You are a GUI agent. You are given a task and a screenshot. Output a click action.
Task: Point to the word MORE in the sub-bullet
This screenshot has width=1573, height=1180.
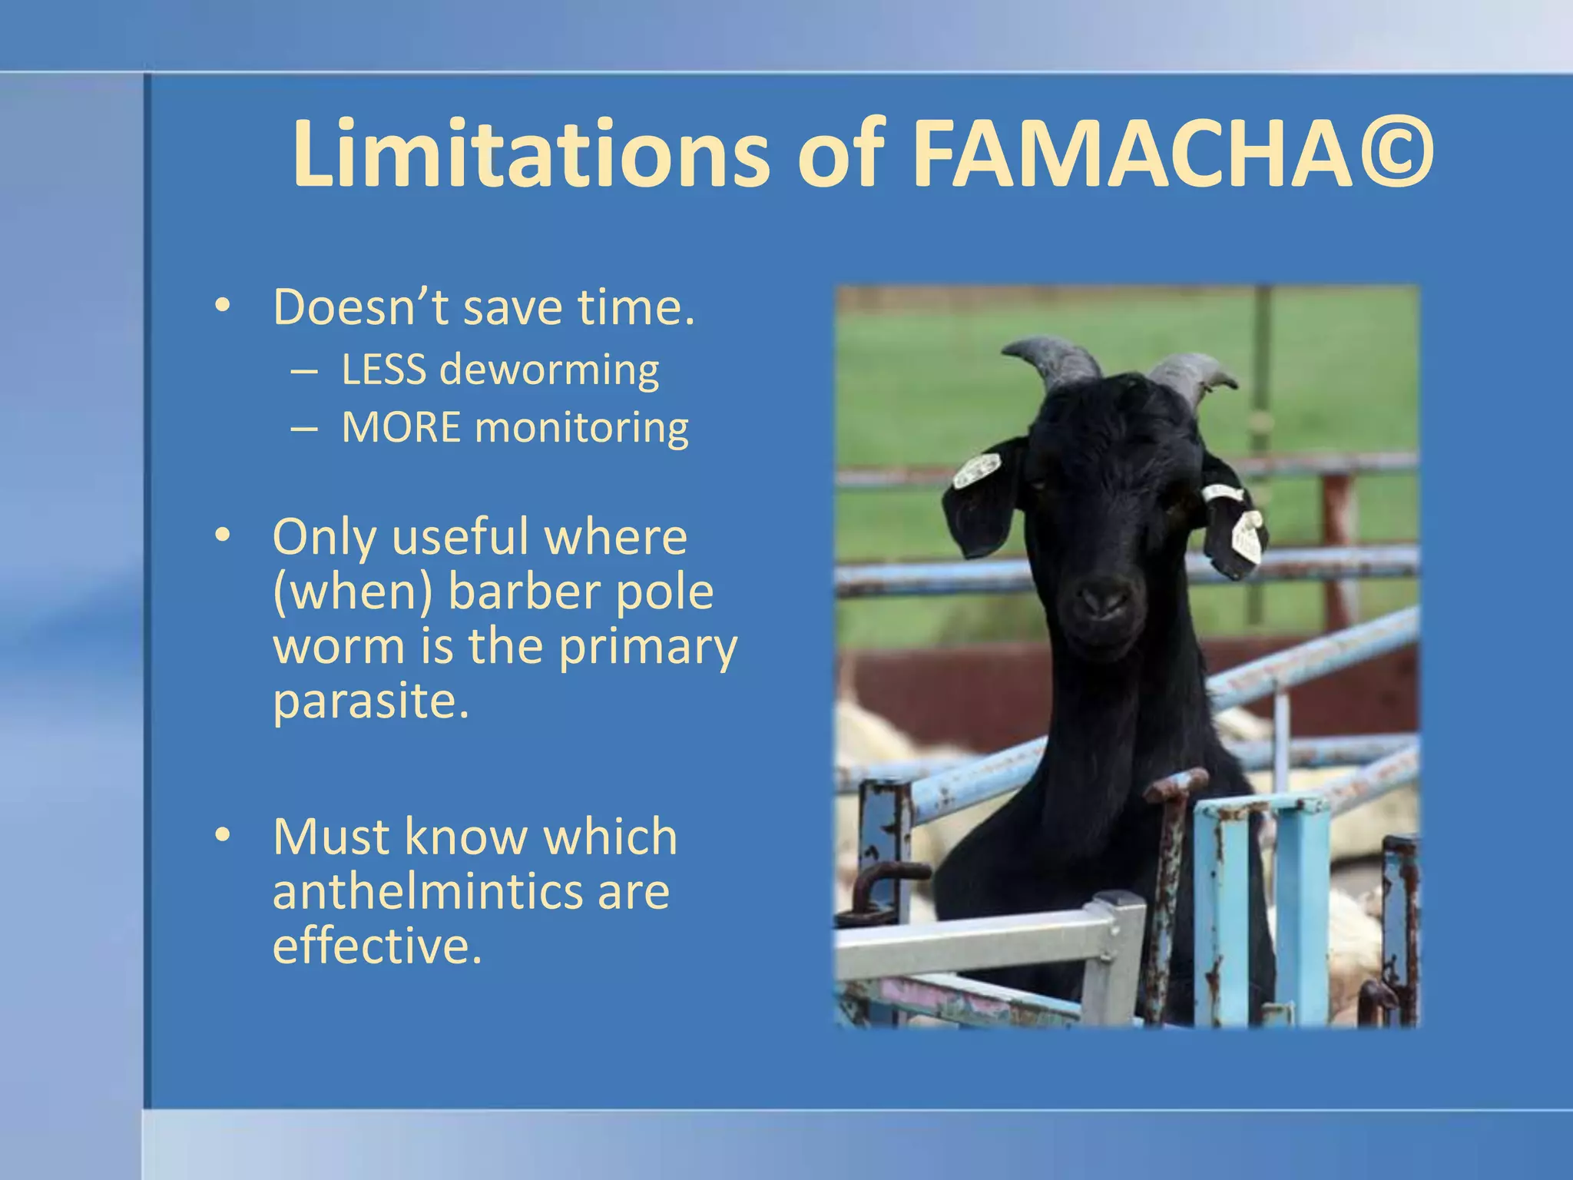pos(401,427)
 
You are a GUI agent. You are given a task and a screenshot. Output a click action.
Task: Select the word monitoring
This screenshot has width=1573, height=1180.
pos(581,429)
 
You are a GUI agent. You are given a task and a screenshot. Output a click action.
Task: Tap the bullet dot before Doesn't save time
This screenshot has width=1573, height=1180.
pos(223,307)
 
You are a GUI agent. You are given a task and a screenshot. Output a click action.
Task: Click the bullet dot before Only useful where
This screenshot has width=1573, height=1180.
pos(223,535)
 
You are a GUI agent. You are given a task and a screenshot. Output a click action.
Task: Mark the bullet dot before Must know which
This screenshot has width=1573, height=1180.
pos(223,835)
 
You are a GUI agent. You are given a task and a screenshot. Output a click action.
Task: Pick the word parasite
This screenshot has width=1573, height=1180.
pos(370,702)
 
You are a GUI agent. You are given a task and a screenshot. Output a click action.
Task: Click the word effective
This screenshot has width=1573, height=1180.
pos(376,946)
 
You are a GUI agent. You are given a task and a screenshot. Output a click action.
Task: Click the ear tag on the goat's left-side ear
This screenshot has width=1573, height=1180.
pos(977,469)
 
